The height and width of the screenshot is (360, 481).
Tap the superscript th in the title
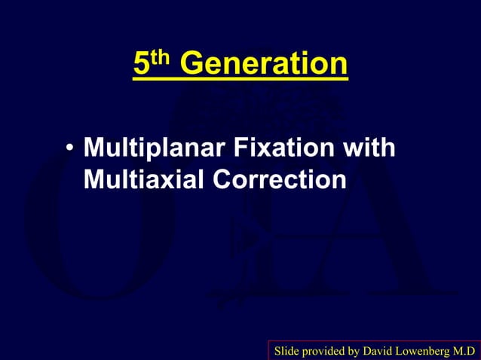tap(162, 58)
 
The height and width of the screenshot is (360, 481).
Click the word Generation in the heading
tap(264, 66)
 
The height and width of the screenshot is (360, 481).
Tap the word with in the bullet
tap(369, 148)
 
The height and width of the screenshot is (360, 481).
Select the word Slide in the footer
tap(286, 351)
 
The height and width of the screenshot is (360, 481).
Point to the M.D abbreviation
tap(466, 351)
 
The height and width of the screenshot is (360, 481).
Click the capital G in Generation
tap(192, 66)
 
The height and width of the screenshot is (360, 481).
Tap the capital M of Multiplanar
tap(93, 148)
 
